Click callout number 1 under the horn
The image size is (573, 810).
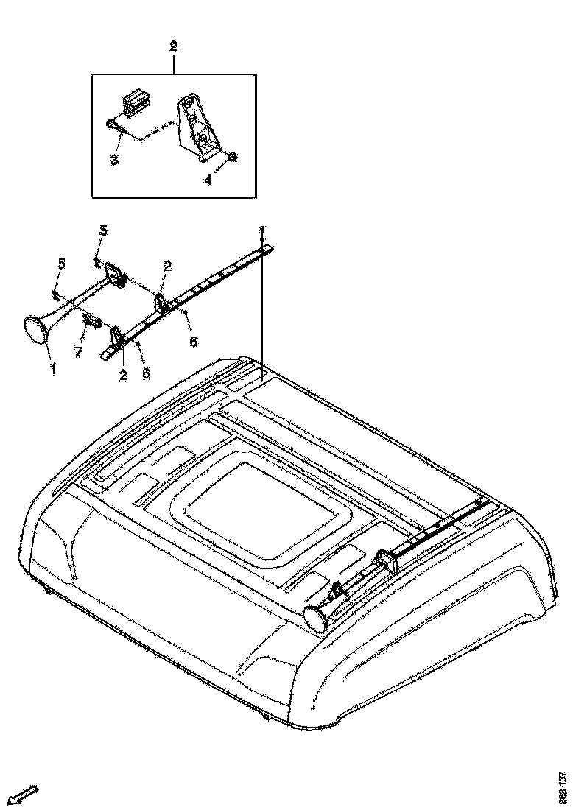coord(53,366)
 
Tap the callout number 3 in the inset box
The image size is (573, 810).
coord(115,160)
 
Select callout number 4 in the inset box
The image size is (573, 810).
coord(208,179)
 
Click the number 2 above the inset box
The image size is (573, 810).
coord(174,46)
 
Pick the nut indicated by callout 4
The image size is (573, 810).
coord(231,156)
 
